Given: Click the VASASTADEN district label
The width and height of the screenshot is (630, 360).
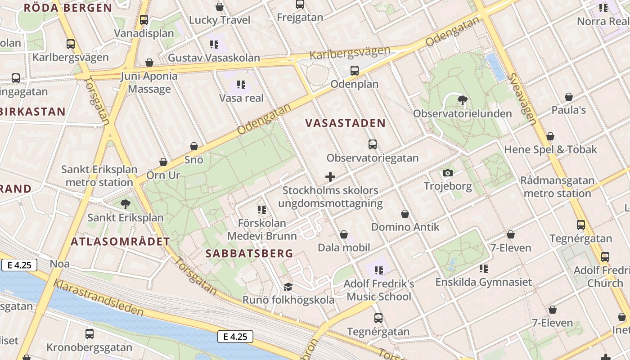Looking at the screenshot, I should (345, 123).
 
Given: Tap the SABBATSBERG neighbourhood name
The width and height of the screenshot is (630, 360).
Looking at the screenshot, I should (249, 253).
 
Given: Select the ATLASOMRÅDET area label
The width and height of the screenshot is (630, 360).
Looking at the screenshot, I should (120, 242).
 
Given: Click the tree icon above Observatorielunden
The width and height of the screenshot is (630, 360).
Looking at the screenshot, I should (462, 100).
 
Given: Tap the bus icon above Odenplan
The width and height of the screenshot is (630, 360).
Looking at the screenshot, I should (355, 70).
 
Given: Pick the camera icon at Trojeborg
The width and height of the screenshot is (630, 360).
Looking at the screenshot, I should (447, 173).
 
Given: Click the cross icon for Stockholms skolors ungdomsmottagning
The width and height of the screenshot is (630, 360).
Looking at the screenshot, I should (330, 177).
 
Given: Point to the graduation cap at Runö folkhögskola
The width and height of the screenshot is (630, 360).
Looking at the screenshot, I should (288, 287).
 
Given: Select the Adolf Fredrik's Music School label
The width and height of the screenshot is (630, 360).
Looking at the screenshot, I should (378, 290).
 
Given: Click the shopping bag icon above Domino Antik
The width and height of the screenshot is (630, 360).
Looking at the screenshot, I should (405, 214).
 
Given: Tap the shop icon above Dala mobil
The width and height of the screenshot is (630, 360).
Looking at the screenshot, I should (344, 234).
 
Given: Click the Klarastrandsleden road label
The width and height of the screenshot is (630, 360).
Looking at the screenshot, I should (99, 297).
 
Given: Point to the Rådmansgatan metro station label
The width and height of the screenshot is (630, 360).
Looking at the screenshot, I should (557, 187).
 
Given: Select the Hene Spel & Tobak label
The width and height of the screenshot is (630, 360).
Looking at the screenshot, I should (550, 149).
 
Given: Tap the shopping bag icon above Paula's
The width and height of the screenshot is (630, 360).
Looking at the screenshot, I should (569, 97).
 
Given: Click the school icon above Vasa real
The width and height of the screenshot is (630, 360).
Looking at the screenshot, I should (241, 84).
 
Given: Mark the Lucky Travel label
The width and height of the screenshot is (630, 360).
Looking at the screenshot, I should (220, 20).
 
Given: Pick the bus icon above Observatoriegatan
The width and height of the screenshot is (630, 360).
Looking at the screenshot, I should (373, 144).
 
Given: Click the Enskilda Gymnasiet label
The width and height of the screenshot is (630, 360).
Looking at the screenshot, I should (484, 282).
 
